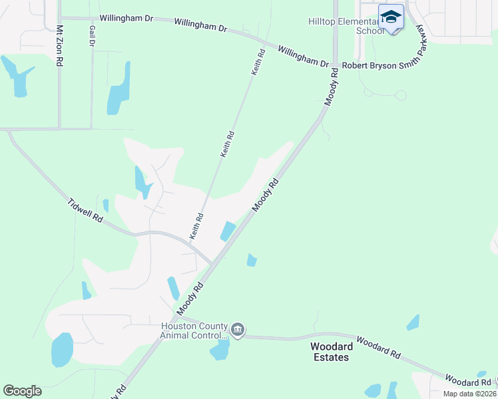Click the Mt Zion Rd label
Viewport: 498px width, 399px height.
tap(59, 46)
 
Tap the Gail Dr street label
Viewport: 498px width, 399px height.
tap(91, 37)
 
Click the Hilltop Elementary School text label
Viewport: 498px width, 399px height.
tap(346, 26)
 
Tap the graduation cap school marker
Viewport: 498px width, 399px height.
tap(391, 17)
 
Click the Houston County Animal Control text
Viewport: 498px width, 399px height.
tap(194, 331)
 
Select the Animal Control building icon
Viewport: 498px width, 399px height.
tap(238, 330)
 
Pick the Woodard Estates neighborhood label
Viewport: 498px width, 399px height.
tap(330, 352)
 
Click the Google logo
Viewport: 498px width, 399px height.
tap(22, 390)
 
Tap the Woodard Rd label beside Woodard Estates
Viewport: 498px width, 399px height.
tap(377, 348)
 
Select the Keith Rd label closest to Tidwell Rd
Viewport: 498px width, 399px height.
tap(196, 226)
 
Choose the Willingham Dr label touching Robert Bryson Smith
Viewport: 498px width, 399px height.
tap(303, 57)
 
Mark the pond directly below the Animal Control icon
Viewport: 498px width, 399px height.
tap(220, 350)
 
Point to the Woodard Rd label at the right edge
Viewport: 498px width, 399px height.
tap(467, 382)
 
